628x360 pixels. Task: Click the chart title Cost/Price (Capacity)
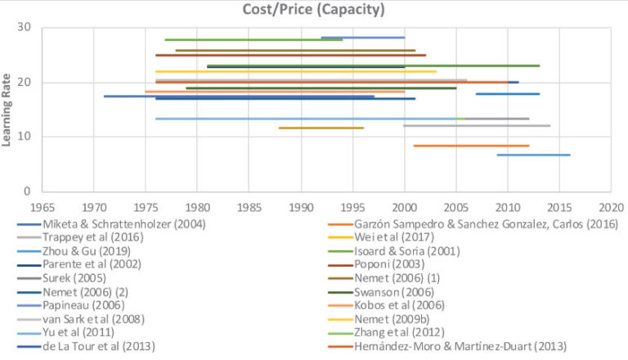tap(313, 10)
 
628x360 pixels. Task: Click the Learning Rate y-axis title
tap(9, 110)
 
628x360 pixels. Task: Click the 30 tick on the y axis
tap(25, 27)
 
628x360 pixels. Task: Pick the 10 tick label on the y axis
tap(25, 137)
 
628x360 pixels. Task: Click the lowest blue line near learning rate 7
tap(533, 155)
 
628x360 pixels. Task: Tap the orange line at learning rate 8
tap(471, 146)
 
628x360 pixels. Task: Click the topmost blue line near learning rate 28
tap(362, 38)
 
